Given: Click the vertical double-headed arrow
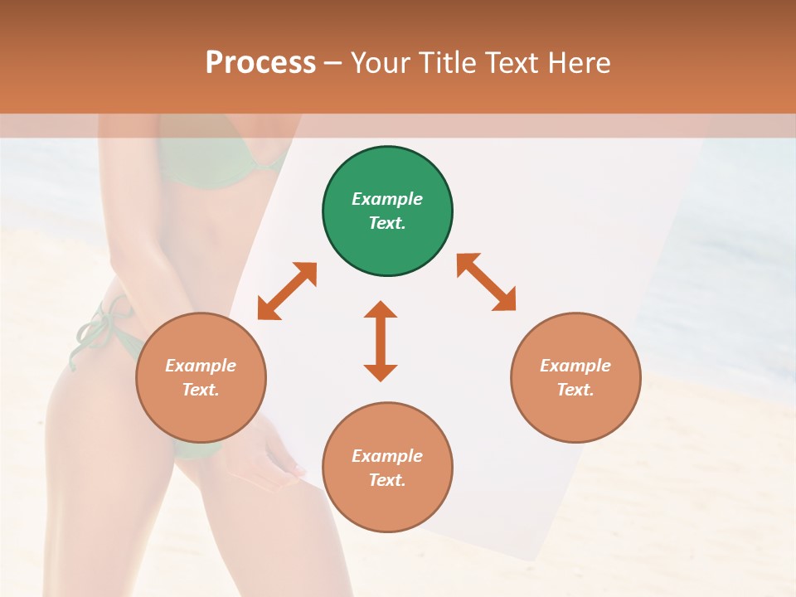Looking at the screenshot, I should [381, 341].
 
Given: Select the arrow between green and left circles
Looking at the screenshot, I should [287, 291].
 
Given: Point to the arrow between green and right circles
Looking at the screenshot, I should [486, 282].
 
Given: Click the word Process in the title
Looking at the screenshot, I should [260, 63].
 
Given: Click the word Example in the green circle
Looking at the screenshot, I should [387, 199].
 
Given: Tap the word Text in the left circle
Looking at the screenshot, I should [201, 390].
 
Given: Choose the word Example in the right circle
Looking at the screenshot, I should [575, 366].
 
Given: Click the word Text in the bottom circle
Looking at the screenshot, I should [387, 480].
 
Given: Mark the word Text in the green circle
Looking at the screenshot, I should [387, 223].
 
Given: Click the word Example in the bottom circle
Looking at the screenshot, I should [387, 456].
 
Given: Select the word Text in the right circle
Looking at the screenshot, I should [575, 390].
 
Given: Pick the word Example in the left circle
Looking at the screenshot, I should [201, 366].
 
